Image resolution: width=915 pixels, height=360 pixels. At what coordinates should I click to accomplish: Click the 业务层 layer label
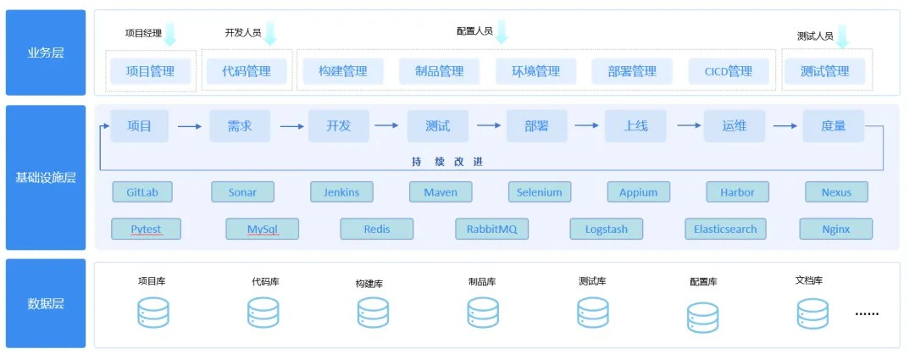point(46,53)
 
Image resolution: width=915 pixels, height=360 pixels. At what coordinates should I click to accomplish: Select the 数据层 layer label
point(46,304)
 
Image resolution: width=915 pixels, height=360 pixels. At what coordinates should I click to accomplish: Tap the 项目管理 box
point(150,71)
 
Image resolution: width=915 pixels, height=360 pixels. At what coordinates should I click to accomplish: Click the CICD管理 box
point(729,71)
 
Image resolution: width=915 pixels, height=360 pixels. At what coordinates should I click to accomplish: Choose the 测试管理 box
point(824,71)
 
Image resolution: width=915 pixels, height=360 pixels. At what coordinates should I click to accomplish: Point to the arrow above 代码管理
point(270,34)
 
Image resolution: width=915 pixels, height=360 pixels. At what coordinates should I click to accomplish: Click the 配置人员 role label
point(474,31)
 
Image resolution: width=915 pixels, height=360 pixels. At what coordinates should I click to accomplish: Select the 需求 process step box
point(239,126)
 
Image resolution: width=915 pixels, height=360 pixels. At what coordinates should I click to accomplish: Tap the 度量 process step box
point(833,126)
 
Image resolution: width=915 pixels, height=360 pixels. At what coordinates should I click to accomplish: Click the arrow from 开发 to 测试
point(386,126)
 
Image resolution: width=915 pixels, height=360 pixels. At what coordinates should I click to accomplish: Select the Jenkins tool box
point(341,192)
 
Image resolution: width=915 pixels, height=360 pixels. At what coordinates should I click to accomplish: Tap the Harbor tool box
point(737,192)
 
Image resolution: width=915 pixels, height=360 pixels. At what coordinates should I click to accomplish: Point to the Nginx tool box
point(835,229)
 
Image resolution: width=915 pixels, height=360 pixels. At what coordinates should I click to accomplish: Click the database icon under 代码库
point(263,313)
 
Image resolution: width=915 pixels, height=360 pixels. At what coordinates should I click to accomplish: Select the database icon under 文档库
point(812,313)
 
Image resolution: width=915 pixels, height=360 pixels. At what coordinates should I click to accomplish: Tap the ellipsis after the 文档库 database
point(867,313)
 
